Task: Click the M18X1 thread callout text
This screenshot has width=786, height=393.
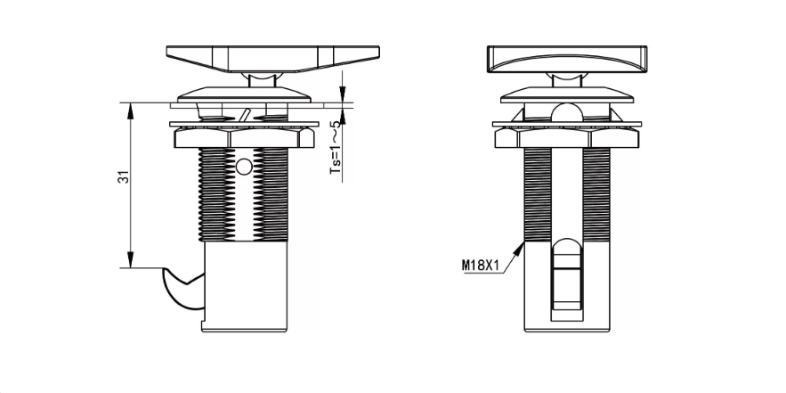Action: coord(481,265)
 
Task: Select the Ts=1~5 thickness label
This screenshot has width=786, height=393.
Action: coord(336,147)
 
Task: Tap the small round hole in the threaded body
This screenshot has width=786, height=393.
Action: coord(244,167)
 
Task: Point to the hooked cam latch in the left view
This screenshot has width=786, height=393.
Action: coord(183,288)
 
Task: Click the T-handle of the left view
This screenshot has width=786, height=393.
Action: coord(272,59)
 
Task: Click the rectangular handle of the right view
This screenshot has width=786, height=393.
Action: coord(567,59)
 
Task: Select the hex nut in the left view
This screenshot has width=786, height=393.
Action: coord(244,137)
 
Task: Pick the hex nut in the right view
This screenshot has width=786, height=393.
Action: coord(567,137)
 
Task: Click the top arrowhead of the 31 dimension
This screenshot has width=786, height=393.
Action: coord(130,111)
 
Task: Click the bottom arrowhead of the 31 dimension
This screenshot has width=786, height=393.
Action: coord(130,260)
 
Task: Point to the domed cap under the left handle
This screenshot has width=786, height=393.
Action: coord(244,94)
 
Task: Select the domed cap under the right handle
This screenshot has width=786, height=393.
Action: coord(567,94)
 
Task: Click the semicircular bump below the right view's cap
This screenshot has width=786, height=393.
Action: coord(567,112)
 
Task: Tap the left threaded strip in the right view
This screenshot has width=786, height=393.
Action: coord(538,194)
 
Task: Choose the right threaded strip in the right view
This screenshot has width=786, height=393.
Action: coord(596,194)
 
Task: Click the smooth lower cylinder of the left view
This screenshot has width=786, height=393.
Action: coord(246,286)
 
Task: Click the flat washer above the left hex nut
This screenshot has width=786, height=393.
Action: coord(244,124)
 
